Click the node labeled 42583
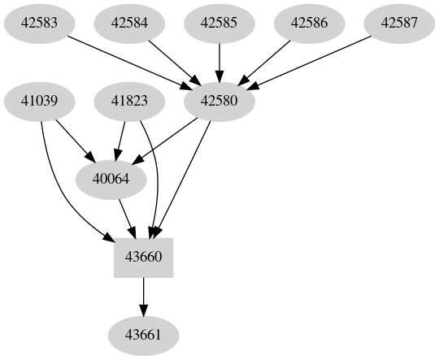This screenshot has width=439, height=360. click(x=40, y=24)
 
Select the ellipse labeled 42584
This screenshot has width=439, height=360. click(x=130, y=24)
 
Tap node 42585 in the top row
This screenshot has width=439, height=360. click(x=219, y=24)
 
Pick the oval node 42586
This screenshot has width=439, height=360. click(x=309, y=24)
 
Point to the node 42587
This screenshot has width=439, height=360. click(x=399, y=24)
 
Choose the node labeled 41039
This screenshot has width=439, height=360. click(x=40, y=102)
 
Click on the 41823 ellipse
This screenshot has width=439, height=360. click(x=130, y=102)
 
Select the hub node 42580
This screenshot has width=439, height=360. click(x=219, y=102)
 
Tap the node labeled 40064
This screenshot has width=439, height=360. click(x=111, y=180)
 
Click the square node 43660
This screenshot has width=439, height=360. click(x=144, y=258)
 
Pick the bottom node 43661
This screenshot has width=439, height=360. click(x=144, y=335)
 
